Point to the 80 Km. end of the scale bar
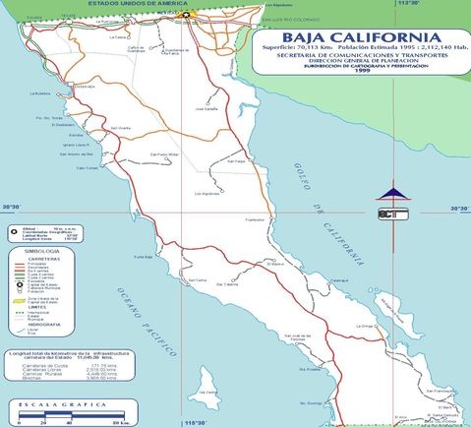pos(117,421)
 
